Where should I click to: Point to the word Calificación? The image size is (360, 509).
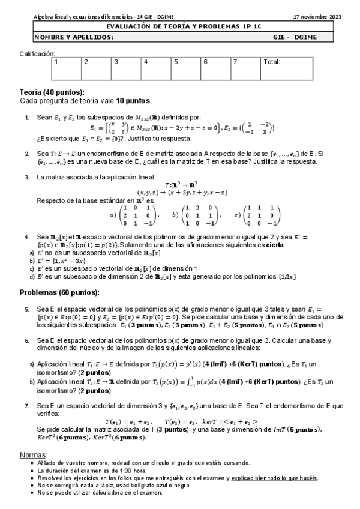pos(37,53)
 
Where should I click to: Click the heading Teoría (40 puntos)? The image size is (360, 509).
pos(52,92)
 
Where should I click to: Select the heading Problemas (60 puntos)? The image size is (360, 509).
pos(59,292)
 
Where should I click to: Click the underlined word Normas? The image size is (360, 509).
pos(33,454)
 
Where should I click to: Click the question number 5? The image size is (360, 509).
pos(27,309)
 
